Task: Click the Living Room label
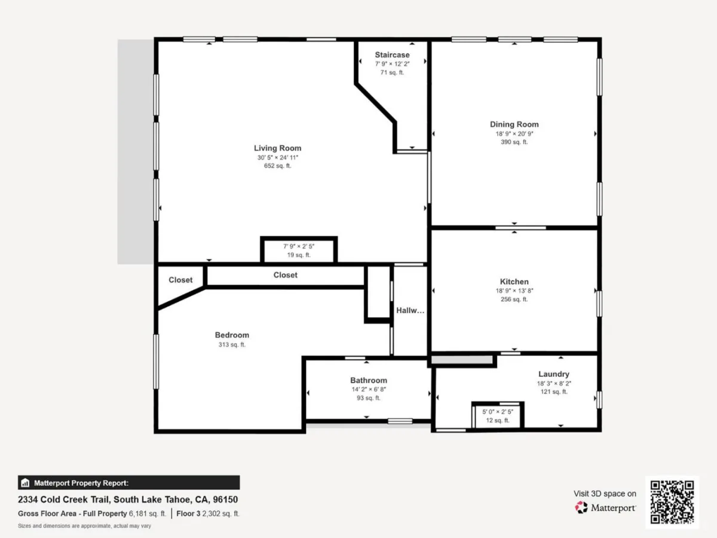(x=278, y=148)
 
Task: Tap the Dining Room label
(x=514, y=124)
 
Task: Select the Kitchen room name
(x=514, y=282)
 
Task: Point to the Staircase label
(x=392, y=55)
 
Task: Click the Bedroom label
(x=232, y=335)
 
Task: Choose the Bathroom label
(x=369, y=380)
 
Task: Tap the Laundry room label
(x=554, y=374)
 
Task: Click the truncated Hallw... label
(x=410, y=310)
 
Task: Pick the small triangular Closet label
(x=180, y=280)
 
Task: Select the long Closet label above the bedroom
(x=285, y=275)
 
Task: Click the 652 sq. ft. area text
(x=277, y=166)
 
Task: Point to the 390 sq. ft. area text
(x=514, y=142)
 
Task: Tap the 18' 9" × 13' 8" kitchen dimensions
(x=514, y=291)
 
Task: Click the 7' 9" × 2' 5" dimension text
(x=299, y=246)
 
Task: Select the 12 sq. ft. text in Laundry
(x=498, y=420)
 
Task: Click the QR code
(x=672, y=502)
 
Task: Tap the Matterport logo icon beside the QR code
(x=581, y=508)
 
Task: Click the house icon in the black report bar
(x=25, y=482)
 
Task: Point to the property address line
(x=128, y=500)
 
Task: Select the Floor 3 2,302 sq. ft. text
(x=208, y=513)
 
